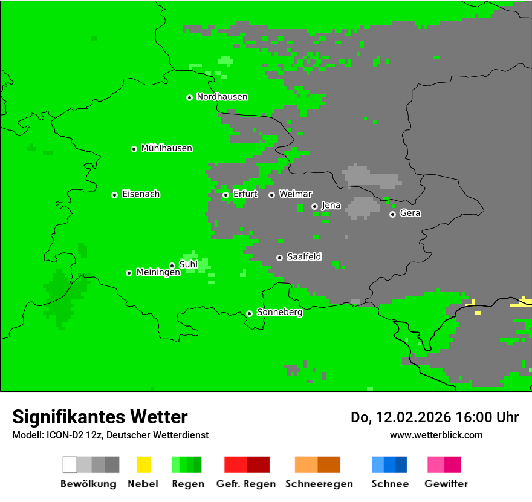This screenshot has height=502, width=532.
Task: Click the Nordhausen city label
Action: point(222,97)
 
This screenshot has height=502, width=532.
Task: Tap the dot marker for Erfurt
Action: point(225,195)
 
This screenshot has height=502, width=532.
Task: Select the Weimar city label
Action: point(295,194)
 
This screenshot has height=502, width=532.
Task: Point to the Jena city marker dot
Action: point(314,206)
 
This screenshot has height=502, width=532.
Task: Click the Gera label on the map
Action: point(410,214)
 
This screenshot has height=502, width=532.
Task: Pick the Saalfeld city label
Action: point(303,257)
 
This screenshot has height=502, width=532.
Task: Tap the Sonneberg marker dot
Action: point(249,313)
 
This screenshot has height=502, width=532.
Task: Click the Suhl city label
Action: point(188,264)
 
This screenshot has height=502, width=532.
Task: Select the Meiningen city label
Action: point(158,273)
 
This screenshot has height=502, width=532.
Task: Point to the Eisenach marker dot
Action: point(114,195)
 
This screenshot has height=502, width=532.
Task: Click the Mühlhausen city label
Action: point(166,148)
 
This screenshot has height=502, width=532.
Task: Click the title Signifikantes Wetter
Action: point(100,417)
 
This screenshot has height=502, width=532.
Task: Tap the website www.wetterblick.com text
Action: point(436,435)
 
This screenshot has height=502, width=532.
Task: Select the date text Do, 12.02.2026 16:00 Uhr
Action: point(434,417)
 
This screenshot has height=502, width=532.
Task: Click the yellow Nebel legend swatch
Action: point(143,465)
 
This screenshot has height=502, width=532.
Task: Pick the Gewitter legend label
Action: point(446,484)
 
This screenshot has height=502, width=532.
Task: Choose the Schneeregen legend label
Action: point(319,484)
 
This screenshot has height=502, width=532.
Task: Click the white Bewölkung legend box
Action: point(70,465)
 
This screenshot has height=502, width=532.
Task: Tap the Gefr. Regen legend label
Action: point(245,484)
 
